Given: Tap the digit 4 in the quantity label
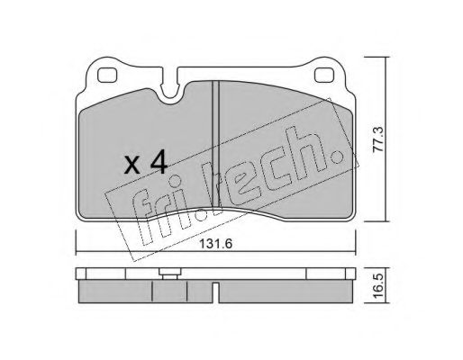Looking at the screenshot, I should point(159,163).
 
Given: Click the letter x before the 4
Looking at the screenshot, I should point(132,166).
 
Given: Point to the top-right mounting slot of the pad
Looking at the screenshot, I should point(327,75).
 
